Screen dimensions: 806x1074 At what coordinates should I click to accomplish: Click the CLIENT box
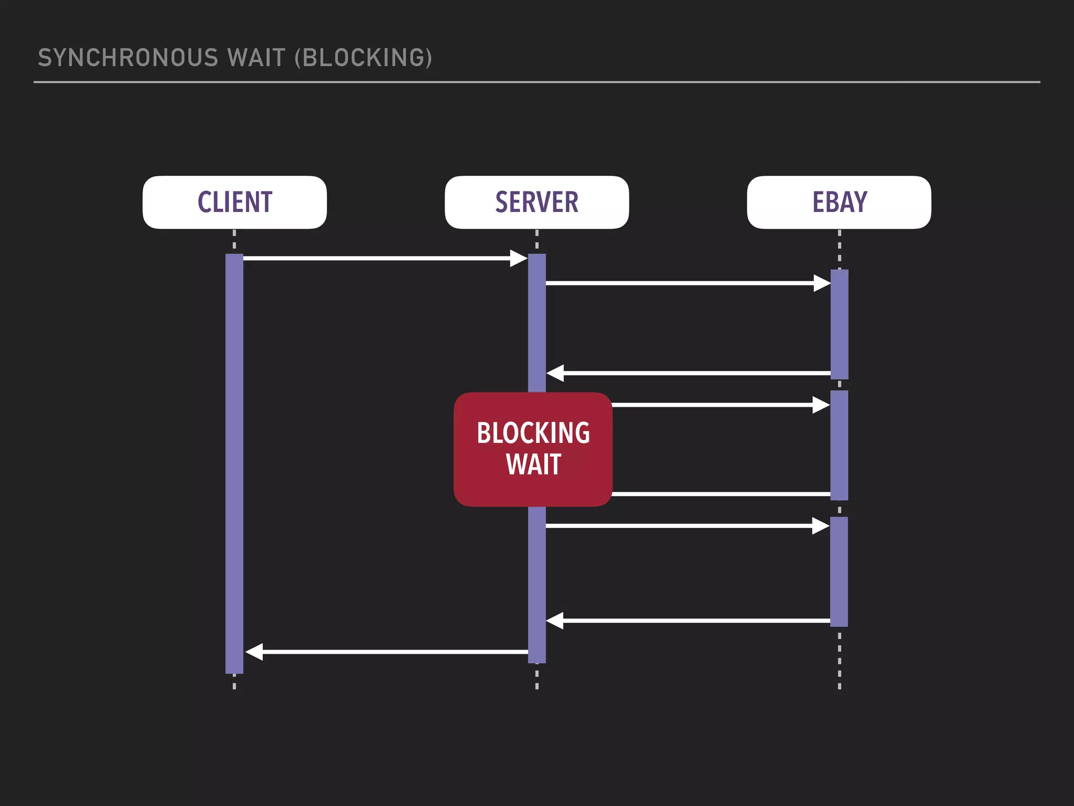click(x=234, y=202)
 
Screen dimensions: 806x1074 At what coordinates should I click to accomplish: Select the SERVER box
click(x=536, y=202)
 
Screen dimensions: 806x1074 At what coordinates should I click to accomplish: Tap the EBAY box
click(x=839, y=202)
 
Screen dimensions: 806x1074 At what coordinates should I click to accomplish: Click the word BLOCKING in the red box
click(x=533, y=433)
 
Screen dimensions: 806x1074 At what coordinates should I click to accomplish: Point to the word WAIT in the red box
click(x=533, y=465)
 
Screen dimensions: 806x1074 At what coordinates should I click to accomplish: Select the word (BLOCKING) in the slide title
click(x=363, y=58)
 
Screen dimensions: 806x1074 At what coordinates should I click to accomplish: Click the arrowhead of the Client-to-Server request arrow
click(x=518, y=258)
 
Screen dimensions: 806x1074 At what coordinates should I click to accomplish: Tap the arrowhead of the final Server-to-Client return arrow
click(x=254, y=652)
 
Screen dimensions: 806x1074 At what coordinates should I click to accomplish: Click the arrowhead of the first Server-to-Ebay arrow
click(x=822, y=283)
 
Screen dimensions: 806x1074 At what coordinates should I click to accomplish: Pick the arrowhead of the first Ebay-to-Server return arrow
click(x=555, y=373)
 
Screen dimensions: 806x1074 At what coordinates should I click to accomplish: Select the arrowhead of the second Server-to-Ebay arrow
click(x=821, y=405)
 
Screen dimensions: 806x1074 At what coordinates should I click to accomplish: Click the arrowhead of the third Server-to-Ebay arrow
click(x=821, y=526)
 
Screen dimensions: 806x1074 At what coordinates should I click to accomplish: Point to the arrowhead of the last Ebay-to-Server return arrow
click(x=555, y=621)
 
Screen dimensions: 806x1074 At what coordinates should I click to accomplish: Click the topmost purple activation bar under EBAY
click(x=839, y=324)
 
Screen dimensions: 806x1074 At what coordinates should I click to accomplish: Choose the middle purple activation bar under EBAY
click(x=839, y=445)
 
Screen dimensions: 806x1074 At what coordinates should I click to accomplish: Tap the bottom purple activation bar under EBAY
click(x=839, y=572)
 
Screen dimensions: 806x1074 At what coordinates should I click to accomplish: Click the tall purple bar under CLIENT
click(x=234, y=462)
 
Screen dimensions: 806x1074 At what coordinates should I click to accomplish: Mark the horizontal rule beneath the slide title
click(x=536, y=82)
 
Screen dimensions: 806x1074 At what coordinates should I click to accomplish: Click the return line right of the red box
click(x=721, y=494)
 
